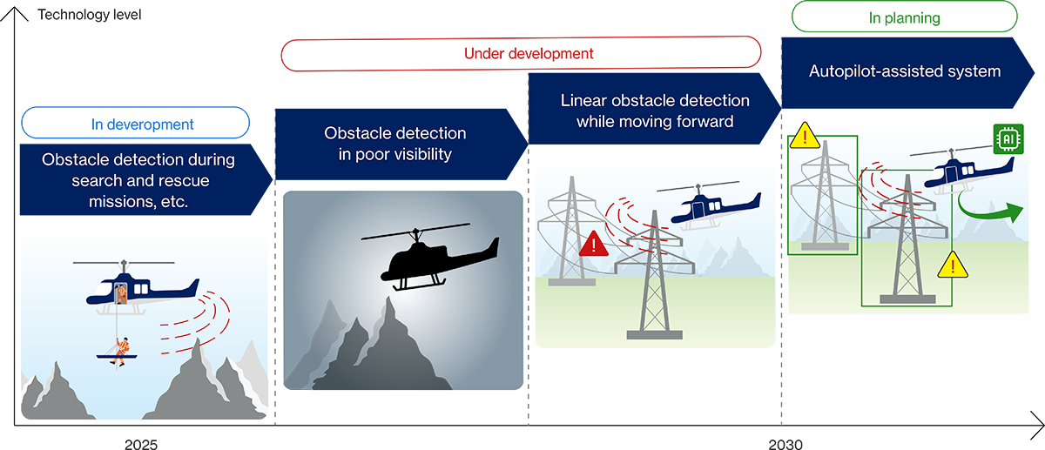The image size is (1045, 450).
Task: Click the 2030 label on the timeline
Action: click(x=785, y=444)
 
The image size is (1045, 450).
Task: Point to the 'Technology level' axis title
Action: click(x=89, y=15)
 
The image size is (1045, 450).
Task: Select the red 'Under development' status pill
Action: click(x=521, y=53)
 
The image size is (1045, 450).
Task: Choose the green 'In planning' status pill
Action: click(x=903, y=17)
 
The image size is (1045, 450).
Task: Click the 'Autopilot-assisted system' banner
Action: click(x=906, y=71)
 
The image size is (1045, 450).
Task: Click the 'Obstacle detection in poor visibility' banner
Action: click(x=396, y=143)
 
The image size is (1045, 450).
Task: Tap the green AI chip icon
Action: click(x=1008, y=138)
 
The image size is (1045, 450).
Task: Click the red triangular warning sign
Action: click(x=593, y=244)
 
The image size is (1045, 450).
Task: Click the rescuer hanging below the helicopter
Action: click(x=123, y=348)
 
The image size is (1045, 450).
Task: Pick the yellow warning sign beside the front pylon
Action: click(x=952, y=264)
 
